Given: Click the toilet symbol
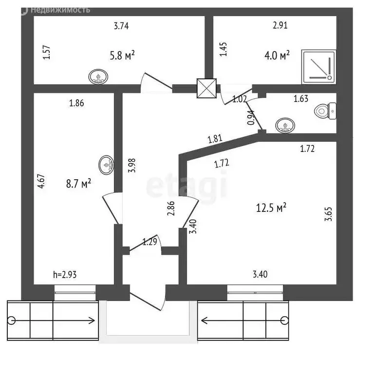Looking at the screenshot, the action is click(x=325, y=111).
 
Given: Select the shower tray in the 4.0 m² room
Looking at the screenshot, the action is click(x=319, y=67).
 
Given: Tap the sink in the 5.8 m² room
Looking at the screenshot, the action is click(x=98, y=77).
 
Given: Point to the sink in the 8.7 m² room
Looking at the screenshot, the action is click(x=106, y=165).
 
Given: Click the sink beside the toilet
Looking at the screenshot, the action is click(x=285, y=126).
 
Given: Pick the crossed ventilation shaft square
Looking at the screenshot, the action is click(x=206, y=88).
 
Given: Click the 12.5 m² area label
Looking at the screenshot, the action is click(x=271, y=207).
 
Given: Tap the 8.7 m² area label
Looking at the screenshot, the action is click(x=78, y=184).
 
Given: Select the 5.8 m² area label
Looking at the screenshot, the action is click(x=122, y=55).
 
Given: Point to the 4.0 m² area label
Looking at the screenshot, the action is click(x=277, y=55).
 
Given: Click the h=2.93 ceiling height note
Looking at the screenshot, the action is click(x=65, y=275).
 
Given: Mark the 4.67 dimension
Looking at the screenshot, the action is click(x=41, y=182).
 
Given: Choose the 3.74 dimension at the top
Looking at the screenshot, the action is click(x=121, y=26).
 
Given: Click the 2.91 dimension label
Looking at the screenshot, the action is click(x=280, y=25).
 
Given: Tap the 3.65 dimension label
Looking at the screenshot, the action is click(x=328, y=214).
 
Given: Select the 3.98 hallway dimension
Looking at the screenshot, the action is click(x=131, y=165).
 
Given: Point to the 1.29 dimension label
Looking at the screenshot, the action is click(x=150, y=242).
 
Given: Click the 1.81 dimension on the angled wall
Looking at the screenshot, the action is click(x=215, y=139).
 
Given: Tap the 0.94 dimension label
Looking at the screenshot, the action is click(x=251, y=117).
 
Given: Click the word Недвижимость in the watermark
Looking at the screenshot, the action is click(x=60, y=10).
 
